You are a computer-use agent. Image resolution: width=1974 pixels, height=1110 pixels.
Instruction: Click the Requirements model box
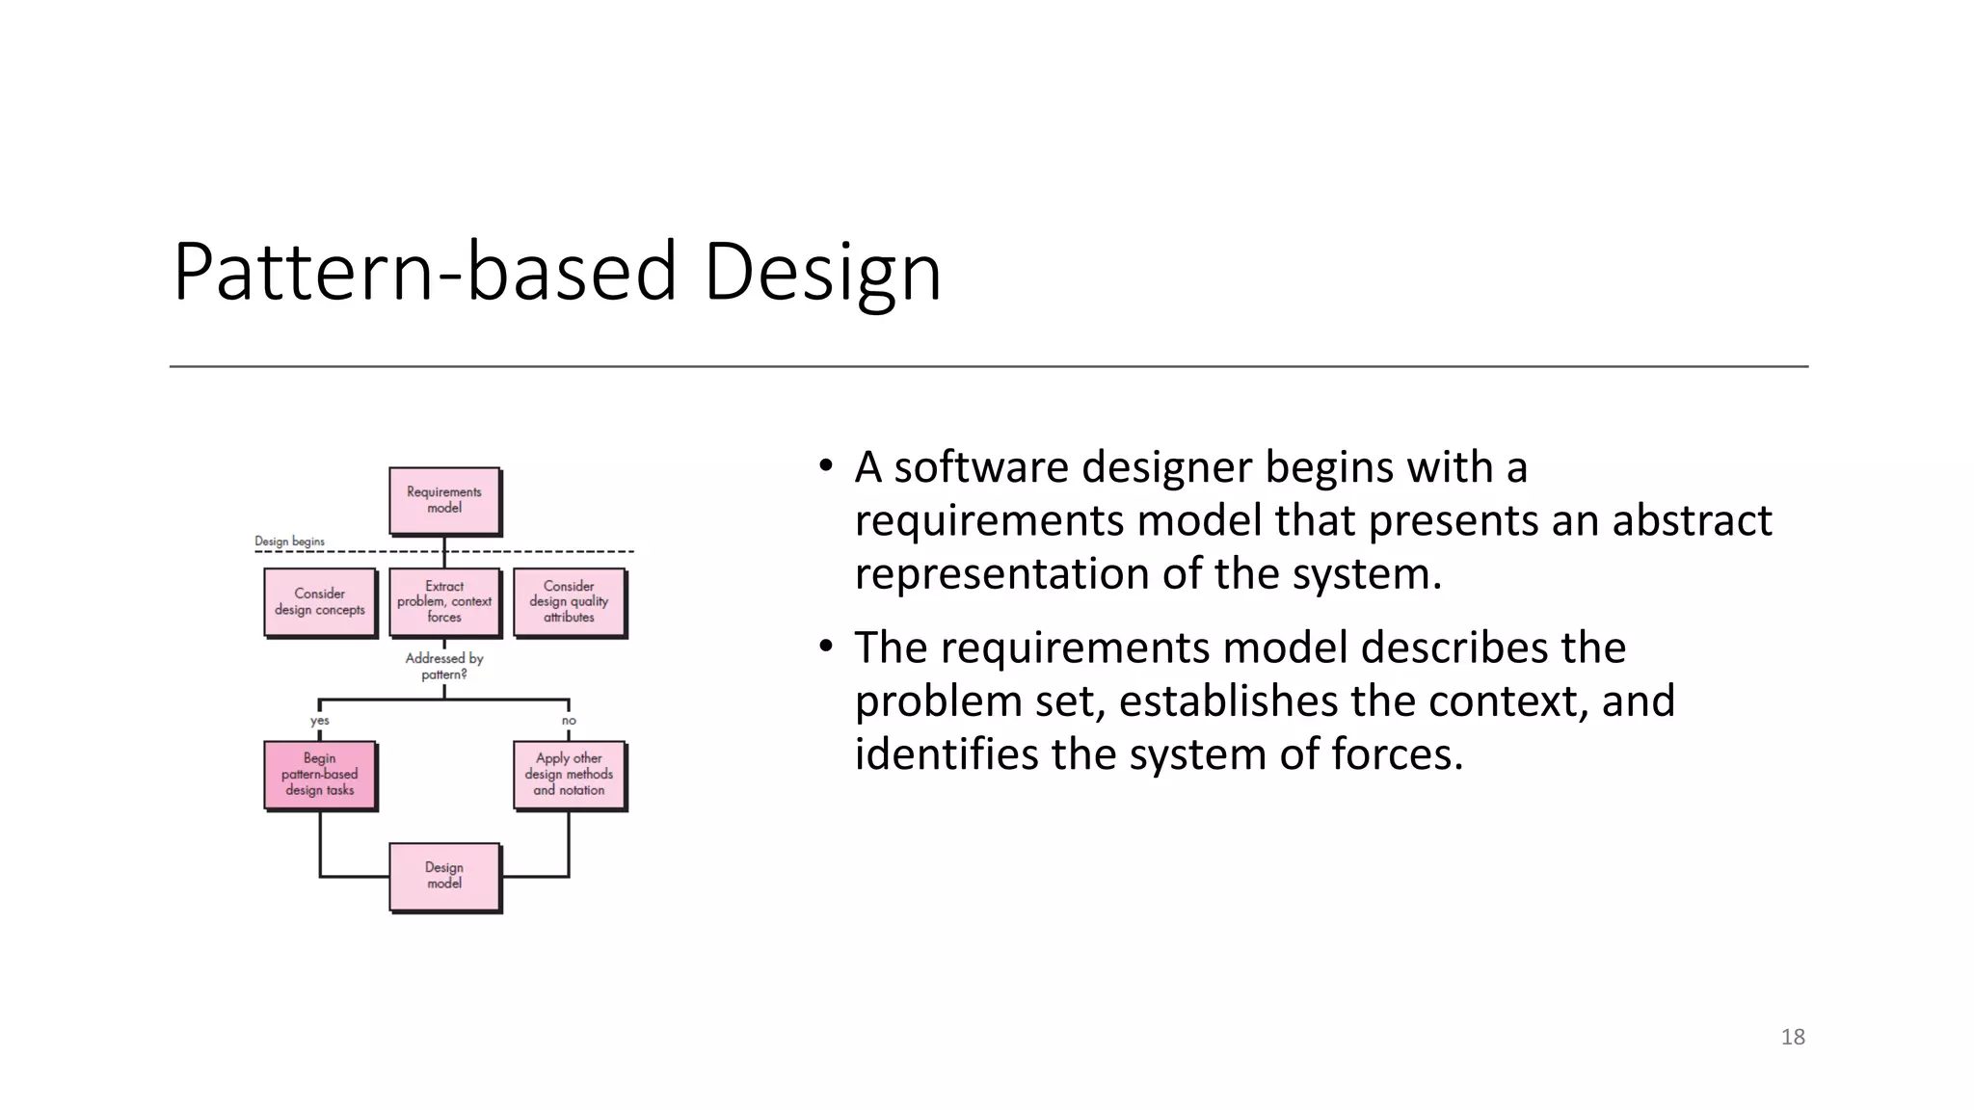point(444,500)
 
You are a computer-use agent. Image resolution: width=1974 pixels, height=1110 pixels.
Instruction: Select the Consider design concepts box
point(320,602)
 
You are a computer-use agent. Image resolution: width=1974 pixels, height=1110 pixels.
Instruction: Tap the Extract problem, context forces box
point(444,602)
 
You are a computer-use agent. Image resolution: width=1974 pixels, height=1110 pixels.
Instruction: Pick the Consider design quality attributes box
point(569,602)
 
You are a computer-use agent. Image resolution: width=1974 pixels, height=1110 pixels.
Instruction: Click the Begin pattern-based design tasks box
point(320,775)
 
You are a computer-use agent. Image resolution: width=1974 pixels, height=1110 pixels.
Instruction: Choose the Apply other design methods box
point(569,775)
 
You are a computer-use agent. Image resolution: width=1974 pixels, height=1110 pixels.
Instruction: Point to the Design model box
point(444,876)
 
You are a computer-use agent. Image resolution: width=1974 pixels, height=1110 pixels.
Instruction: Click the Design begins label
point(289,542)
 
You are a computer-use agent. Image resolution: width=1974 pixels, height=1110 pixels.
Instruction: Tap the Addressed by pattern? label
point(444,666)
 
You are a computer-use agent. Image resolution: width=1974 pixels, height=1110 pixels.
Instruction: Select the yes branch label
point(320,721)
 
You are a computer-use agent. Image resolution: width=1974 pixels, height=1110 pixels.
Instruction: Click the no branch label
point(569,721)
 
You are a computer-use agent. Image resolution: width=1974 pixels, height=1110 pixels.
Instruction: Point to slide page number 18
point(1793,1037)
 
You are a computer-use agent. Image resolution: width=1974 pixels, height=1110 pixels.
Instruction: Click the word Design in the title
point(822,273)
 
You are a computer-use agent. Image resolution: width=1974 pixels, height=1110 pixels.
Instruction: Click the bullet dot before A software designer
point(825,467)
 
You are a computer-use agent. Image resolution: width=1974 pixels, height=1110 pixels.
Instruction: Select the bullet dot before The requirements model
point(825,647)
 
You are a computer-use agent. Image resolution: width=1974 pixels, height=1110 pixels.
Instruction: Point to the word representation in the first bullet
point(1000,574)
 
